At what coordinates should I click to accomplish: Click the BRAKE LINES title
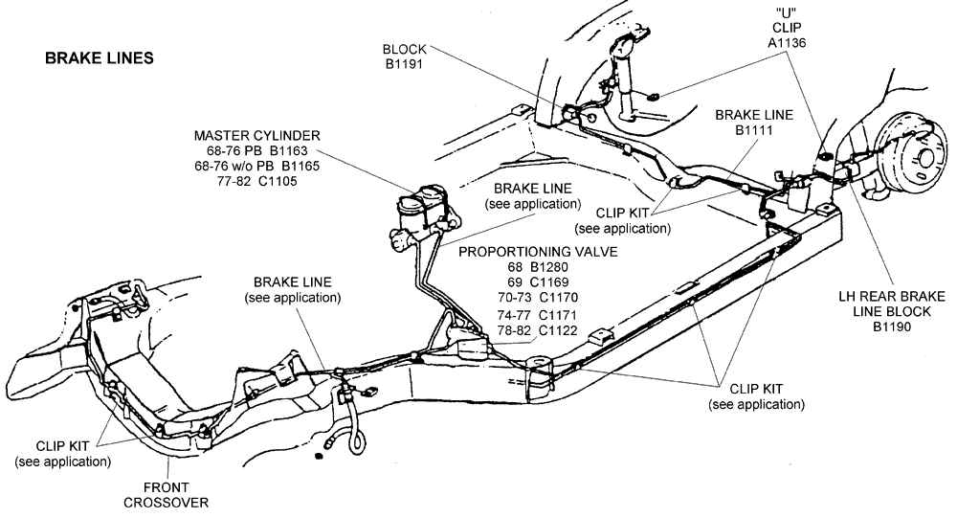point(100,57)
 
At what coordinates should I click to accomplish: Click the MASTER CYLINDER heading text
point(256,135)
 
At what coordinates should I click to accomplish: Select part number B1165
point(296,166)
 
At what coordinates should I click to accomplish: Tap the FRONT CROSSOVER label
point(170,494)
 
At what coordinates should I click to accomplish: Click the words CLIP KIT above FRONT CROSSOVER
point(63,445)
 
